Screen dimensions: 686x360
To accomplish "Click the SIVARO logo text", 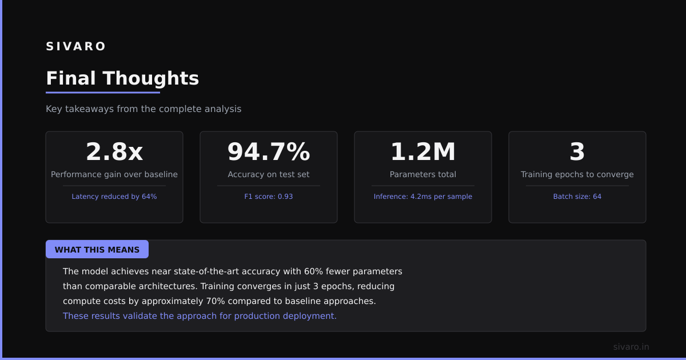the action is (75, 46).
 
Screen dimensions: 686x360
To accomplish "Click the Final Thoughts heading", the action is (122, 78).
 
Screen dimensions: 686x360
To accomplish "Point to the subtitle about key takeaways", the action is (143, 109).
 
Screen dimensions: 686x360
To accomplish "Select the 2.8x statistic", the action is (114, 151).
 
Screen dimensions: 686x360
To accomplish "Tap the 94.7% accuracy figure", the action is (269, 151).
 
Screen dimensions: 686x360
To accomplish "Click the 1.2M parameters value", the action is (423, 151).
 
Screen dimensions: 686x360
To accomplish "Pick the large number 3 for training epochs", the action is (577, 151).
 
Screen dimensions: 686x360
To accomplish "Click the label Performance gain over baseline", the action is (114, 174).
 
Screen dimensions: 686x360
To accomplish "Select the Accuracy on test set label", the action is (269, 174).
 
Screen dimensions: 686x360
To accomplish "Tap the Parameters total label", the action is (423, 174).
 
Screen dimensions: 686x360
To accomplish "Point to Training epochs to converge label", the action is (577, 174).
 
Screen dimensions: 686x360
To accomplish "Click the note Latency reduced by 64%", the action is (114, 197).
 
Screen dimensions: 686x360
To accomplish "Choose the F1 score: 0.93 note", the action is (269, 197).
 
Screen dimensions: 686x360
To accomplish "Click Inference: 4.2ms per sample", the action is (423, 197).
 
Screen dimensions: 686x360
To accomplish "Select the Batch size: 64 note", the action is (577, 197).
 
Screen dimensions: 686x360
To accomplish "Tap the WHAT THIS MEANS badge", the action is (97, 250).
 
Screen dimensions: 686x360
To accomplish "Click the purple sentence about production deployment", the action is (200, 316).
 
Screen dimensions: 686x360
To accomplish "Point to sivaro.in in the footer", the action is (631, 347).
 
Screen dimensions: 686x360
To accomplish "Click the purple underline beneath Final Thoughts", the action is (103, 93).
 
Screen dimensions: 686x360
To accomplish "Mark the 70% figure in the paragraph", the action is (216, 301).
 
